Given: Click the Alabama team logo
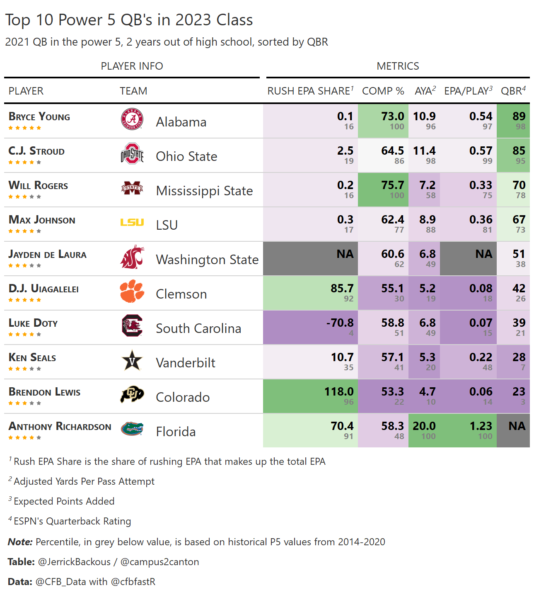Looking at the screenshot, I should (132, 119).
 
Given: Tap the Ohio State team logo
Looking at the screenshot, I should (132, 154).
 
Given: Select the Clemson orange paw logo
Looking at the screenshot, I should (132, 291).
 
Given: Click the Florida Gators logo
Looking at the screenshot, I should (132, 429).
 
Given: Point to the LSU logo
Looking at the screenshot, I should (132, 223).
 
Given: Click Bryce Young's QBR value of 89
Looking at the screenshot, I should (519, 117).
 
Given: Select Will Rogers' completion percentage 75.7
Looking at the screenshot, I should (392, 185).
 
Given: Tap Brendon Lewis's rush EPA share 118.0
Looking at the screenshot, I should (338, 392).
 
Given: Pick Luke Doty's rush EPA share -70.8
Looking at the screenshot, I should (340, 323).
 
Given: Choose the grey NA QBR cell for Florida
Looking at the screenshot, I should (513, 430).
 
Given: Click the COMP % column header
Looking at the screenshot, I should (383, 91).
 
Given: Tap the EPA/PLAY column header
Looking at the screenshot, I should (468, 91).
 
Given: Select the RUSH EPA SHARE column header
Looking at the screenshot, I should (309, 91).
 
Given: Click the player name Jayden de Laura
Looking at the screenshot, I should (48, 255).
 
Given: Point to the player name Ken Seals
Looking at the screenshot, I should (32, 358).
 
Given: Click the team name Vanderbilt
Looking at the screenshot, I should (186, 363).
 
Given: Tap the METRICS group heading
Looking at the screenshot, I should (398, 66).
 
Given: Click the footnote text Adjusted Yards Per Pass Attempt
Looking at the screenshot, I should (84, 481).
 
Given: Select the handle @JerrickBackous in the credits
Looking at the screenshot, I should (74, 562).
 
